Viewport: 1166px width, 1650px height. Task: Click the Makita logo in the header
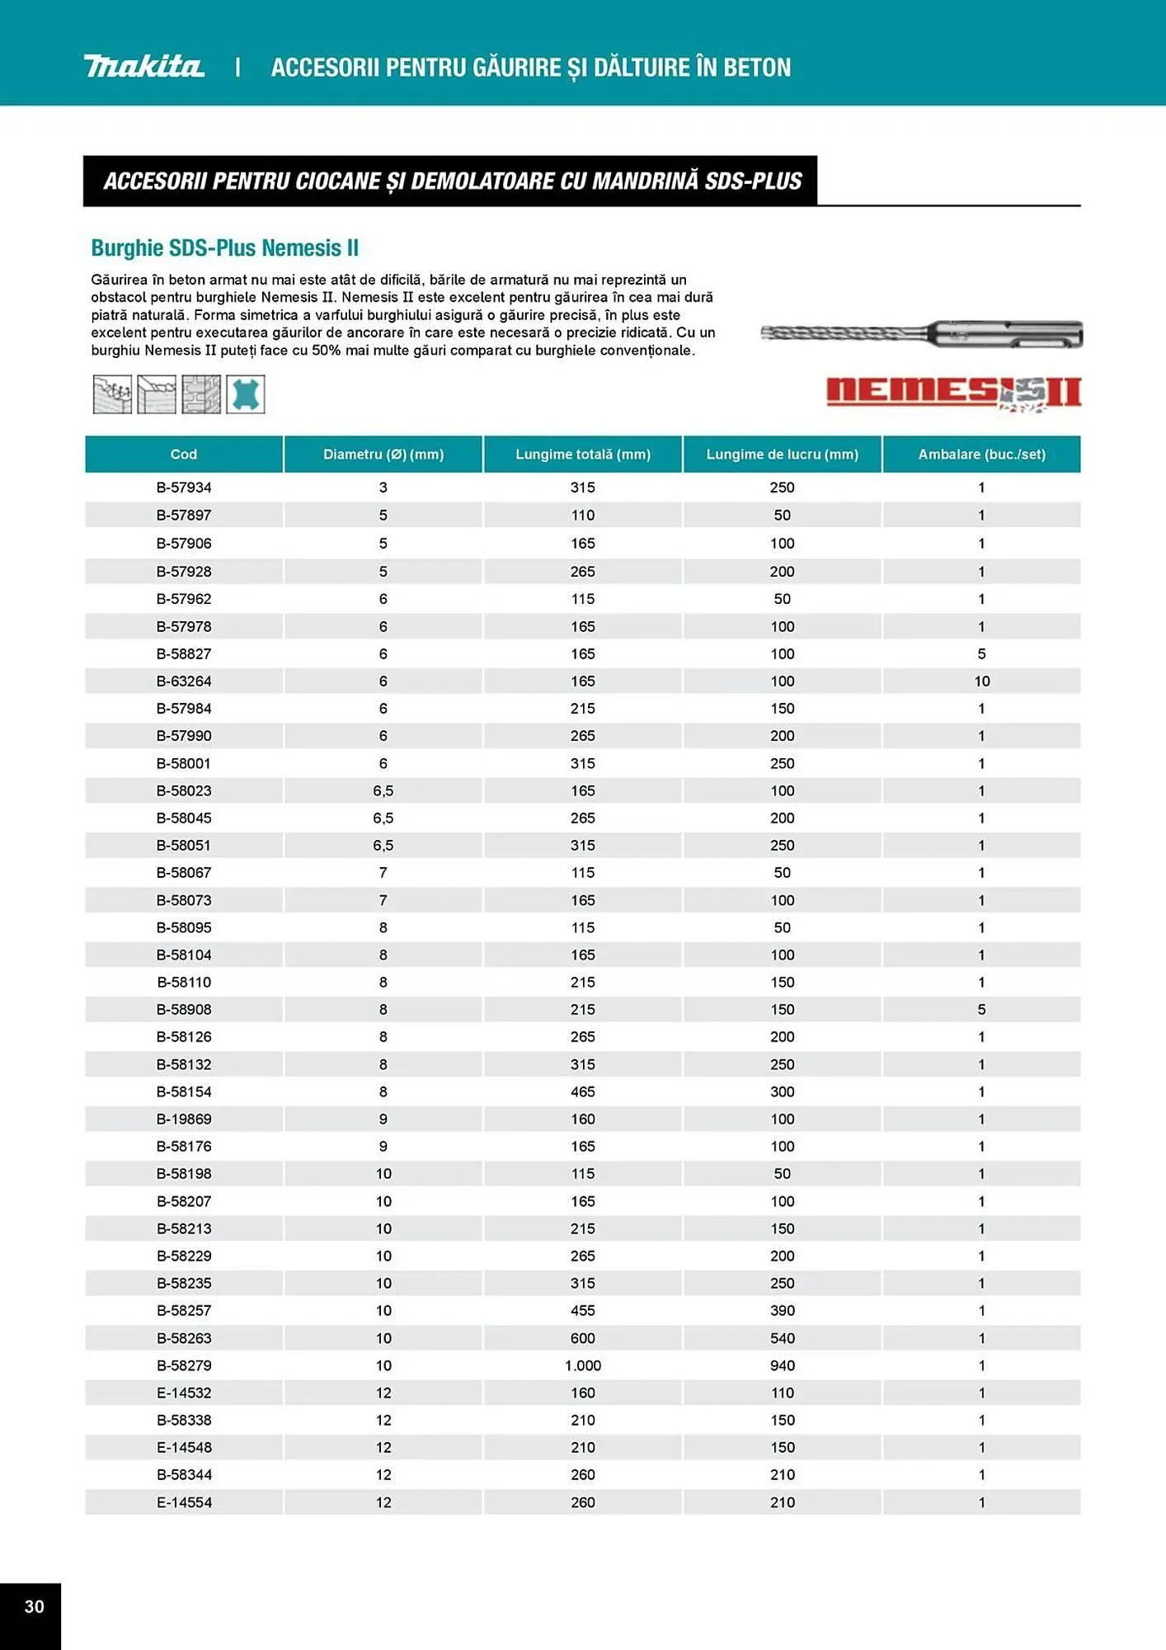pos(143,66)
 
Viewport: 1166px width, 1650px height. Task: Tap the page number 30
pos(34,1605)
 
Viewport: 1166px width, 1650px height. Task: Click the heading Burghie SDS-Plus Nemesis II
pos(224,247)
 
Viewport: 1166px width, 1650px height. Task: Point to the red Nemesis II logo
pos(953,393)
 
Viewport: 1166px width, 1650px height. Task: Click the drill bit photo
pos(921,334)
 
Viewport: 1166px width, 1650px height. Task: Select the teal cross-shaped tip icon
pos(246,394)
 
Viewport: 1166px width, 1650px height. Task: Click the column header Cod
pos(183,454)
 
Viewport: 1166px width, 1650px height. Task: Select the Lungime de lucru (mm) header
pos(782,454)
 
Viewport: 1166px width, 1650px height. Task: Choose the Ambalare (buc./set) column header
pos(981,454)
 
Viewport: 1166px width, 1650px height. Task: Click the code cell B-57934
pos(183,488)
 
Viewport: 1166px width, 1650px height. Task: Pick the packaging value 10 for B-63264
pos(981,681)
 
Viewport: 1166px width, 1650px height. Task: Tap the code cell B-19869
pos(183,1119)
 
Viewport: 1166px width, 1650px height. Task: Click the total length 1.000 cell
pos(582,1365)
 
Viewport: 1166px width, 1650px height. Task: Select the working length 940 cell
pos(782,1365)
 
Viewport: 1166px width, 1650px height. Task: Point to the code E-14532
pos(183,1393)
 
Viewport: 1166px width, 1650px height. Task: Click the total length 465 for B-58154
pos(582,1091)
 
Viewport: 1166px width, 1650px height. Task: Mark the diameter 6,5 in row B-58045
pos(383,818)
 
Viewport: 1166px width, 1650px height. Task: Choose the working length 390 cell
pos(782,1310)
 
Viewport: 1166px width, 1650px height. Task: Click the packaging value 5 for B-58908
pos(981,1009)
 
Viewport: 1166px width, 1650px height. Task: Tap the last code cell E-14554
pos(183,1502)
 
